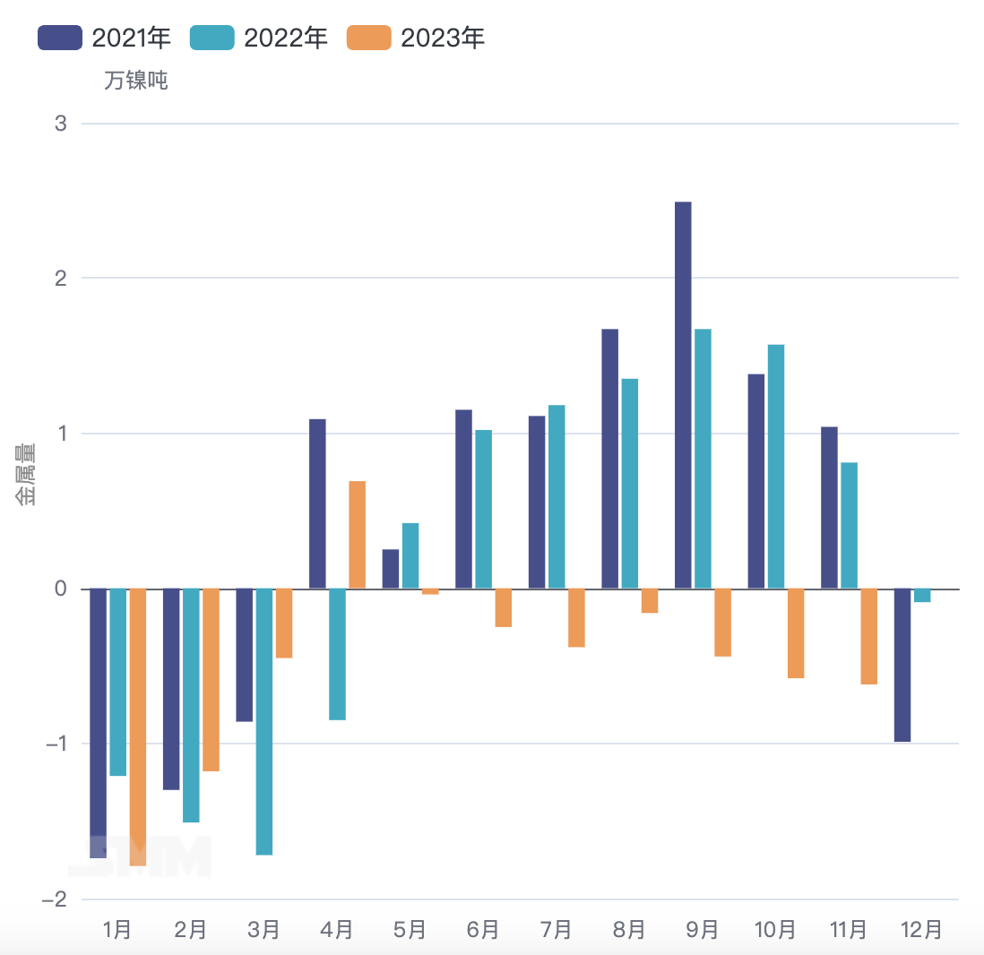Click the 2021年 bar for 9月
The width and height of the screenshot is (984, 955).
click(683, 394)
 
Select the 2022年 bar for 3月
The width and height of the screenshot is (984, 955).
click(263, 721)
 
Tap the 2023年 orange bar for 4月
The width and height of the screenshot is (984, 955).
click(357, 534)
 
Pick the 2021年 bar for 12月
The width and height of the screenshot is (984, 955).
click(902, 665)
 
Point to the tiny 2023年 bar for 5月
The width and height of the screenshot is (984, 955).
click(430, 591)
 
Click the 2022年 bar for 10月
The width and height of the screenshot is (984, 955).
click(776, 466)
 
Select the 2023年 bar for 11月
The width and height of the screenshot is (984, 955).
click(868, 636)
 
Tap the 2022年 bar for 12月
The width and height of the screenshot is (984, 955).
click(922, 596)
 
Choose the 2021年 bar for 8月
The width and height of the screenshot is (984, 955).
click(609, 458)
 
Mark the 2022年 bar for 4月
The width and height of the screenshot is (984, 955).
click(337, 654)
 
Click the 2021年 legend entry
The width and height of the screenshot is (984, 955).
click(104, 39)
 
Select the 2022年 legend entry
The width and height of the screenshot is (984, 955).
click(259, 39)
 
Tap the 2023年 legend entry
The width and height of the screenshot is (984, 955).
click(415, 39)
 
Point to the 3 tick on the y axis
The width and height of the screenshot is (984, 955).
click(61, 124)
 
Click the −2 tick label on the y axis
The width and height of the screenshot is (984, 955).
click(56, 899)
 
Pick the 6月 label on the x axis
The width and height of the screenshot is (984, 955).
click(483, 930)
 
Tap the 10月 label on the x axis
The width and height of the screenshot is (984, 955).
click(775, 930)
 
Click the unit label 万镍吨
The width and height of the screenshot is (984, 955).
click(136, 81)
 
